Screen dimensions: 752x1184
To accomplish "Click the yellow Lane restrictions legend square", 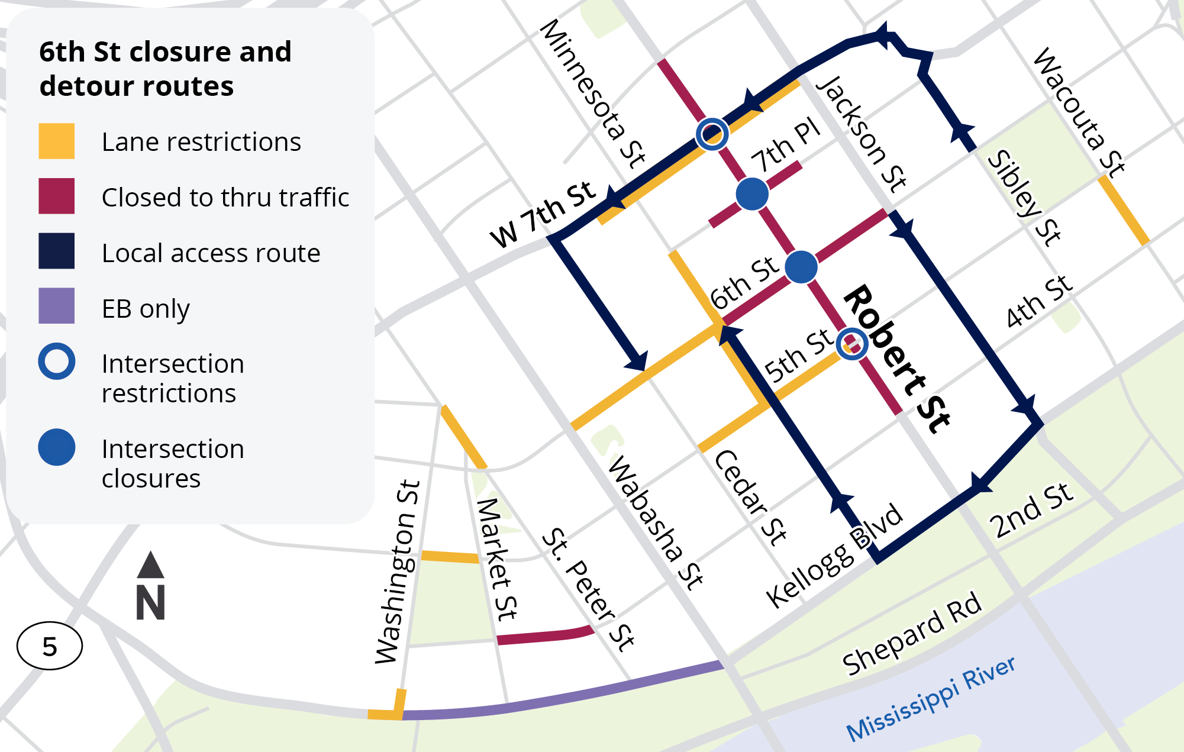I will pyautogui.click(x=56, y=141).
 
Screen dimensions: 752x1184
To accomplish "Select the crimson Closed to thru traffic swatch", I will pyautogui.click(x=56, y=196).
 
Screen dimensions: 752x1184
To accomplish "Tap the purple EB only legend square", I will pyautogui.click(x=56, y=305).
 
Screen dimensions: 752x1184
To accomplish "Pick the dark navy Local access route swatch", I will pyautogui.click(x=56, y=251).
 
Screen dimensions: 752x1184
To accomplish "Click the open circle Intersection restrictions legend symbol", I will pyautogui.click(x=56, y=361).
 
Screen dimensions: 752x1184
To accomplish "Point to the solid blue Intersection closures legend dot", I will pyautogui.click(x=56, y=447).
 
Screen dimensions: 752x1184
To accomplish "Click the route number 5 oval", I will pyautogui.click(x=50, y=646).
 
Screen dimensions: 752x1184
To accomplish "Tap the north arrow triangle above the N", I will pyautogui.click(x=150, y=565).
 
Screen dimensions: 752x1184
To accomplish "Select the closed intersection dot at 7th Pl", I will pyautogui.click(x=752, y=194).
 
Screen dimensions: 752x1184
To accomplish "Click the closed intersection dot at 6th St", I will pyautogui.click(x=801, y=267).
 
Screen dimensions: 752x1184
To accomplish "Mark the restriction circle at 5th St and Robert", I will pyautogui.click(x=852, y=344).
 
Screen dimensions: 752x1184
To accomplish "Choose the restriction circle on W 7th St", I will pyautogui.click(x=712, y=134).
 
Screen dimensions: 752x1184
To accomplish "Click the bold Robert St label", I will pyautogui.click(x=896, y=359).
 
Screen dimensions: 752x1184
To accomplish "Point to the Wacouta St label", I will pyautogui.click(x=1079, y=112).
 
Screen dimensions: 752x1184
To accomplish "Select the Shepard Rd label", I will pyautogui.click(x=912, y=633).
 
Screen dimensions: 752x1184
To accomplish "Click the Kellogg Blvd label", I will pyautogui.click(x=834, y=556).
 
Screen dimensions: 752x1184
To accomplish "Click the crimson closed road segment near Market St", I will pyautogui.click(x=544, y=636).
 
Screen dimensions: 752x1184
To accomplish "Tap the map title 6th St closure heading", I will pyautogui.click(x=165, y=69).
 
